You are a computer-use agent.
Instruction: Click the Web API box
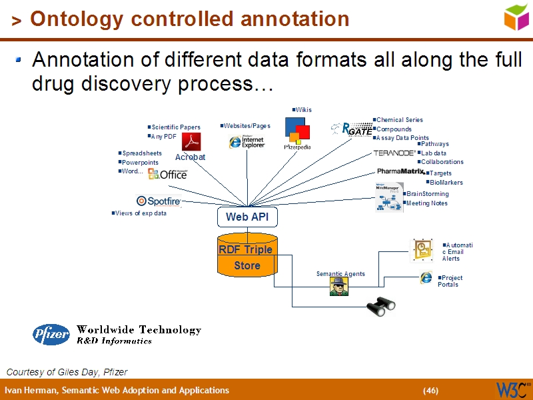pos(247,217)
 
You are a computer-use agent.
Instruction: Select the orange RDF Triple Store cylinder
pos(247,257)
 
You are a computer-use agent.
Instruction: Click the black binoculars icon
pos(381,305)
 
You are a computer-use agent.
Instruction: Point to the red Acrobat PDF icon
pos(192,142)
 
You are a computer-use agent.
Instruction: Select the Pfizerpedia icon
pos(297,133)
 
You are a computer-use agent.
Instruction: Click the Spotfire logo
pos(159,201)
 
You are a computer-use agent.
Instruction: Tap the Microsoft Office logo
pos(167,174)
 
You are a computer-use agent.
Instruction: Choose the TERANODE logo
pos(394,153)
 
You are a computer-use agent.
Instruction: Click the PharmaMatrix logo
pos(400,171)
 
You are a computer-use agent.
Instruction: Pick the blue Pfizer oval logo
pos(51,334)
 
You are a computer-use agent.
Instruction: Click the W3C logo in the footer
pos(512,389)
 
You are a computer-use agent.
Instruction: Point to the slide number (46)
pos(430,391)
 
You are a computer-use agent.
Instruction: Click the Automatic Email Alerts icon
pos(422,249)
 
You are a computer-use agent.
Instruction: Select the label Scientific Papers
pos(175,127)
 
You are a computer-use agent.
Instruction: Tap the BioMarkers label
pos(446,183)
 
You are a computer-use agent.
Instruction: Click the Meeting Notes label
pos(426,203)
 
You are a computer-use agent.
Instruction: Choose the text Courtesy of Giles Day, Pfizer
pos(67,372)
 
